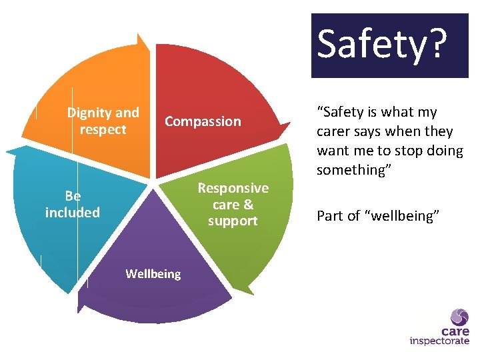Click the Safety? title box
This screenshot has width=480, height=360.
390,45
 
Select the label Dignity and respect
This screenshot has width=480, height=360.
103,121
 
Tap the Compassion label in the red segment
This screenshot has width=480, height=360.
203,121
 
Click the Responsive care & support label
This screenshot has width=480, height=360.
233,204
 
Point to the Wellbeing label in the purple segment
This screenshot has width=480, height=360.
153,274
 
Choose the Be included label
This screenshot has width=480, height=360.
73,204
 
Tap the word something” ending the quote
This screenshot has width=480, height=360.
356,170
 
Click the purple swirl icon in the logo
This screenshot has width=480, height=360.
459,317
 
